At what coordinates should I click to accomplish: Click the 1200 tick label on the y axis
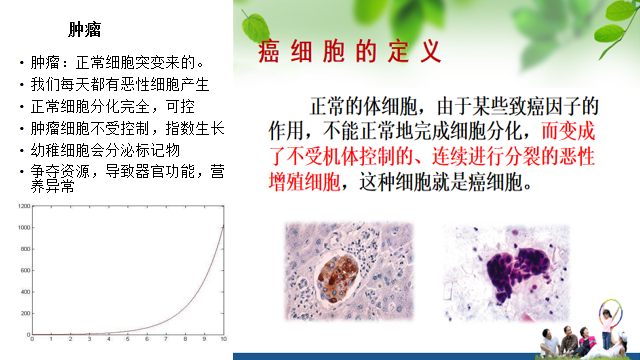coord(22,207)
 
